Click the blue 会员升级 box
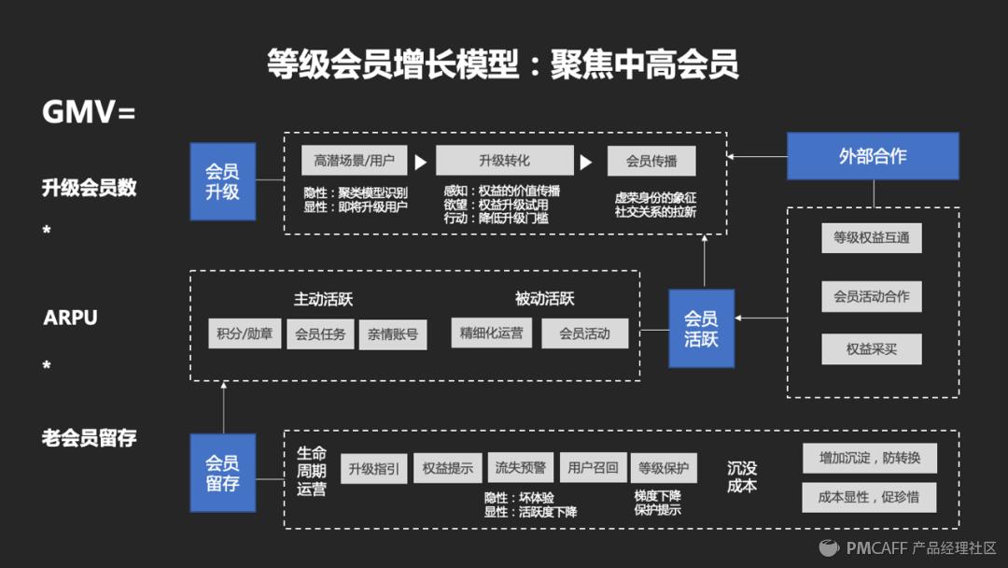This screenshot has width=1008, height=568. [x=223, y=181]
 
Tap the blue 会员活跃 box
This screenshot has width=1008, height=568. [x=701, y=328]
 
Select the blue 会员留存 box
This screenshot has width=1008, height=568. [x=223, y=473]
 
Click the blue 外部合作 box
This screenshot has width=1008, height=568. [x=873, y=156]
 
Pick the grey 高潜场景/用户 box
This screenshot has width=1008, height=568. [x=355, y=161]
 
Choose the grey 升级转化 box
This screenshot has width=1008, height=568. [x=504, y=161]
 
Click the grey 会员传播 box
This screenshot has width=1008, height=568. [x=651, y=161]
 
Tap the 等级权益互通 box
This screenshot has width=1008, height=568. [x=872, y=237]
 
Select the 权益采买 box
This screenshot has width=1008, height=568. [x=872, y=348]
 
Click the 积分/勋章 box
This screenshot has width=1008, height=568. [x=245, y=334]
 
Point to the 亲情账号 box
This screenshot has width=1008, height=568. [x=393, y=334]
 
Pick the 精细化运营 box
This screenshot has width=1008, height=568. [x=491, y=333]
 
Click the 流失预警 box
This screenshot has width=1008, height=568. [x=521, y=468]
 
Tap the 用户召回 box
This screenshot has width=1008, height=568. [x=594, y=468]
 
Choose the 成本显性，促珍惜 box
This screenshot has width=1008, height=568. [x=869, y=497]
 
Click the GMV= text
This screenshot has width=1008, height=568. [x=89, y=112]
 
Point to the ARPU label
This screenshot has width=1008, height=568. [x=70, y=318]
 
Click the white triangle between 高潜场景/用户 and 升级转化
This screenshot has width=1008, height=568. [x=420, y=162]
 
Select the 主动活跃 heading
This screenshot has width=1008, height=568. [x=323, y=300]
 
